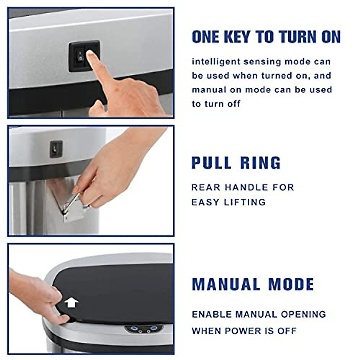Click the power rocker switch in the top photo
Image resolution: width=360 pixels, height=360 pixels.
click(x=84, y=56)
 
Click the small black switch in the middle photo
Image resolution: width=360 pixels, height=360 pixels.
click(x=56, y=149)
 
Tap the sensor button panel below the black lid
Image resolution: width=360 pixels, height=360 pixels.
click(x=144, y=329)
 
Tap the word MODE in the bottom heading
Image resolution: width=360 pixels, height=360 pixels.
click(x=291, y=284)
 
